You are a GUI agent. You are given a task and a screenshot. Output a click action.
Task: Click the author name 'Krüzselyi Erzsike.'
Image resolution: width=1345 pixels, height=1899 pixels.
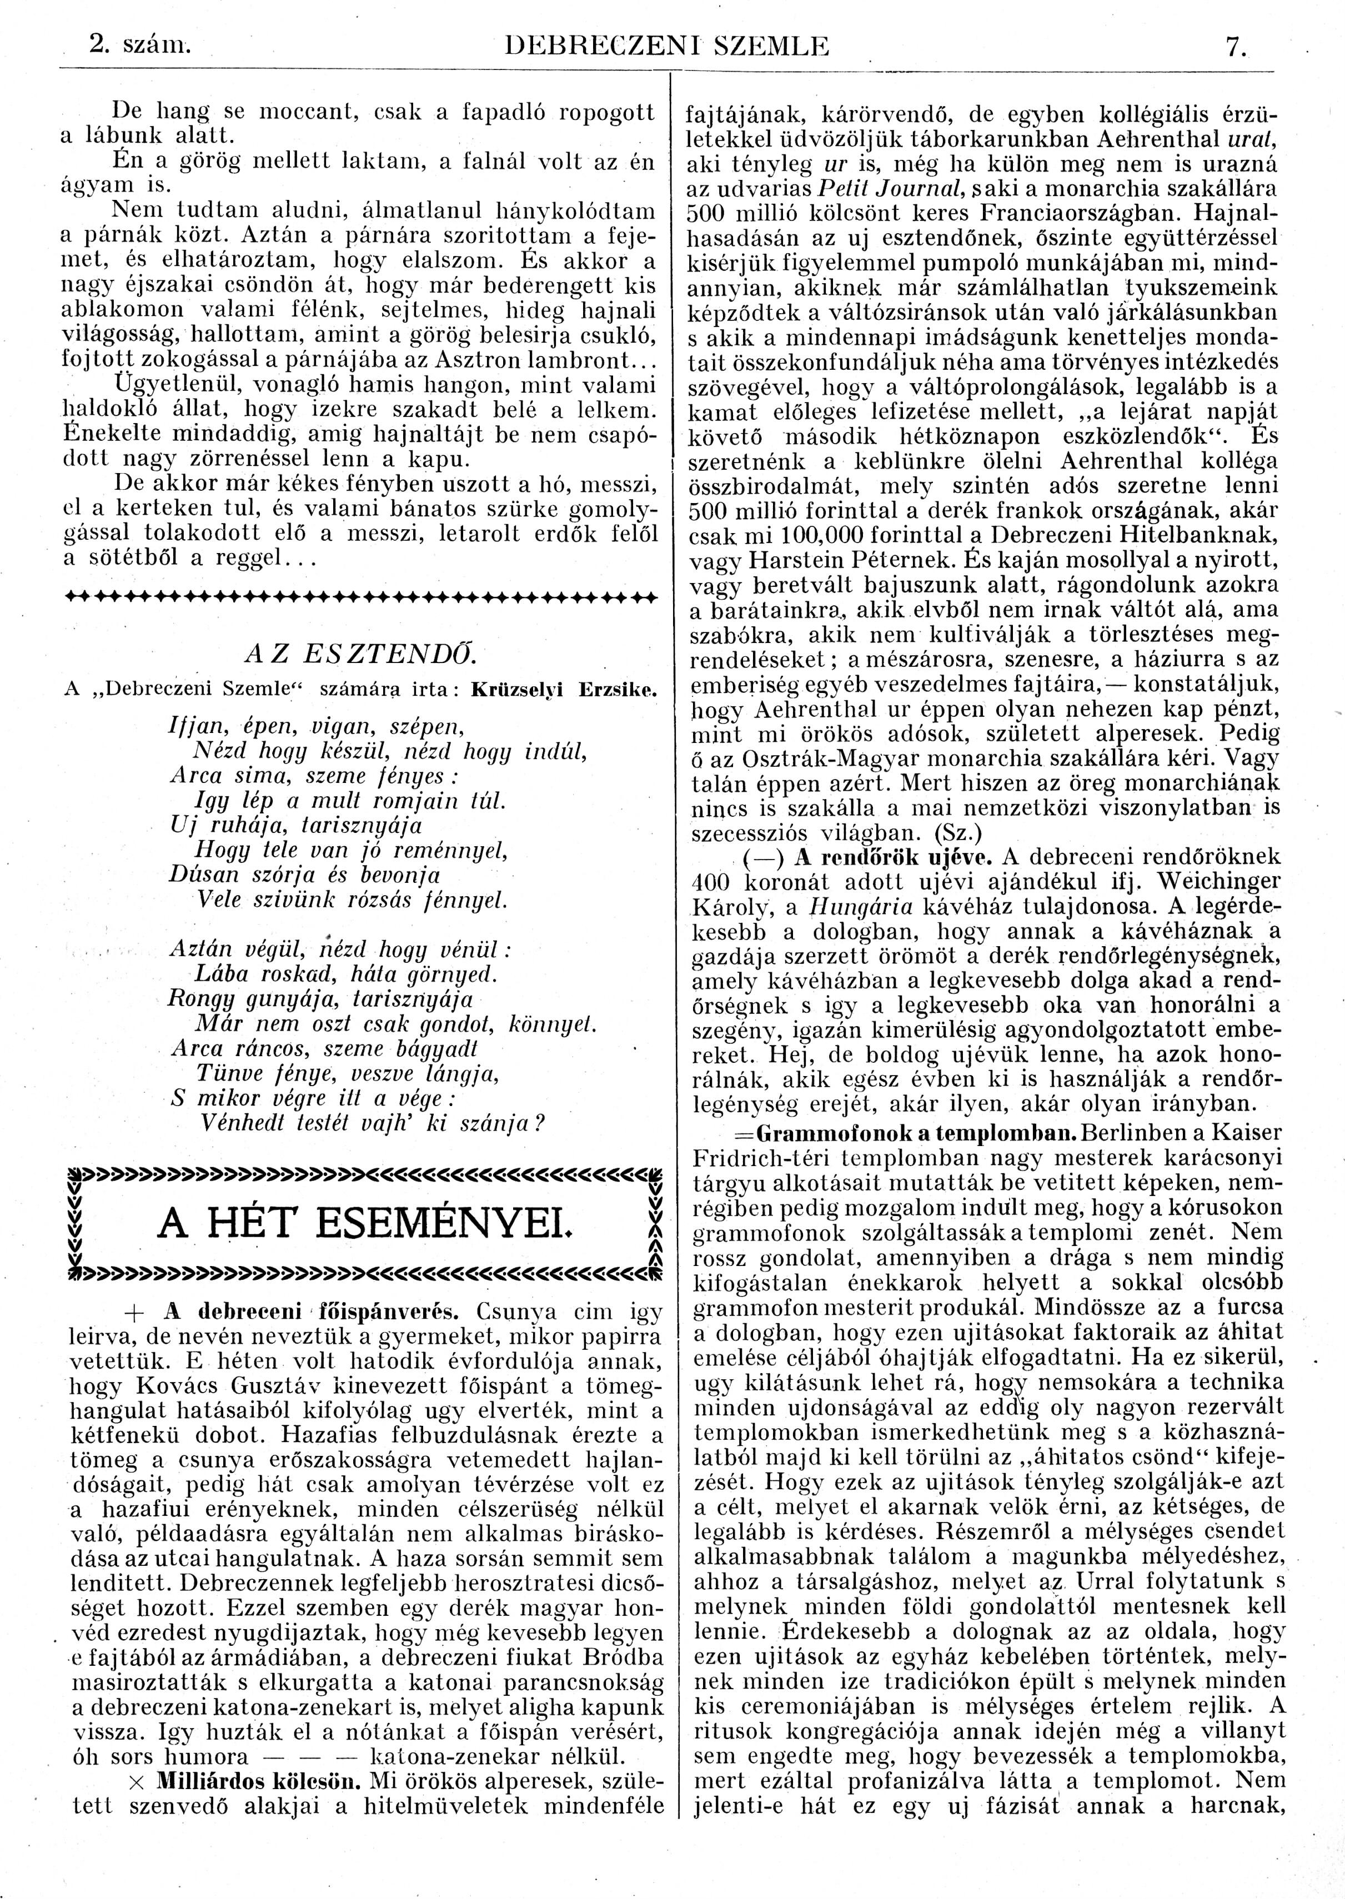tap(563, 690)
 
